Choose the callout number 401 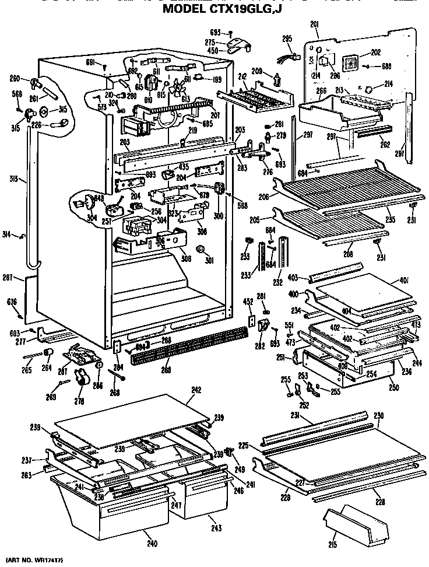(x=403, y=281)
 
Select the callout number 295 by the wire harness (x=286, y=38)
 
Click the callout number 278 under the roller (x=79, y=401)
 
